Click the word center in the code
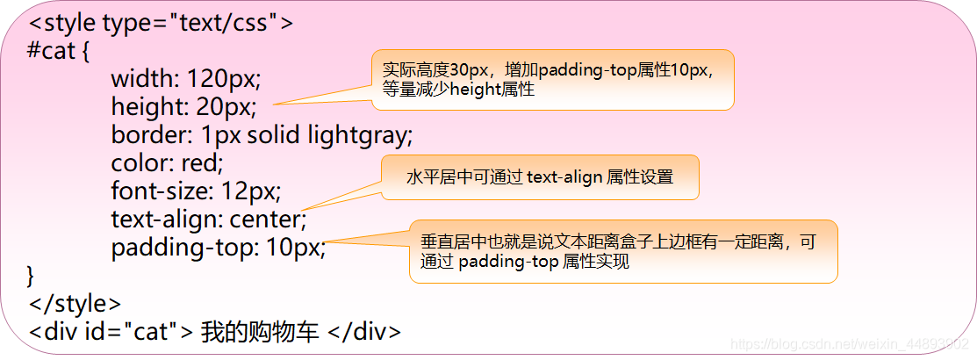tap(268, 220)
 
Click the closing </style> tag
tap(75, 304)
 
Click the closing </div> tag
tap(364, 333)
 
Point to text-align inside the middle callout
tap(564, 177)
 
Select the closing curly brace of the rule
tap(32, 276)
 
